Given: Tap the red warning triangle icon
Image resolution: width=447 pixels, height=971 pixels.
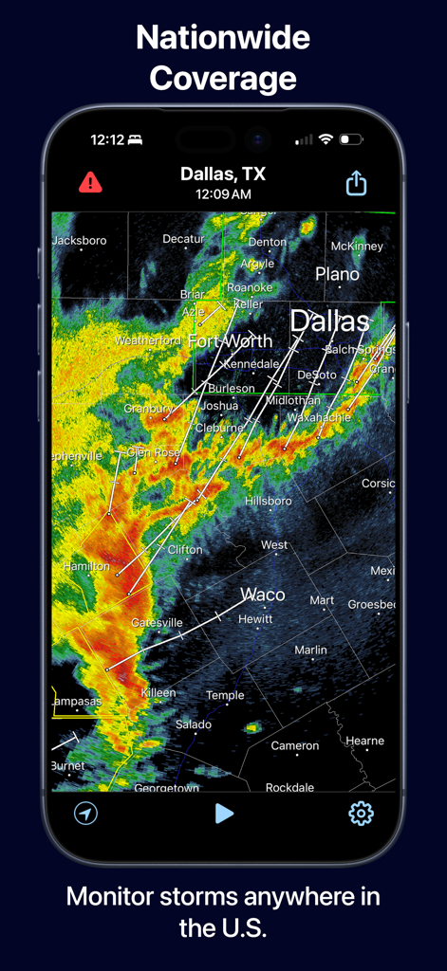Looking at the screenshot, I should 90,182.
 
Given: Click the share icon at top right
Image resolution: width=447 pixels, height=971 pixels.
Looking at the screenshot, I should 356,183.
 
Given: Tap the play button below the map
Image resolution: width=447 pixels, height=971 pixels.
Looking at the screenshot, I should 224,813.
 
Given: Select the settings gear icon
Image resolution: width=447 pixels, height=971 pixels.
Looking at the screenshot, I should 361,813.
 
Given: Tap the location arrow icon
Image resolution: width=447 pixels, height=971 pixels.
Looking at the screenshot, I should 86,813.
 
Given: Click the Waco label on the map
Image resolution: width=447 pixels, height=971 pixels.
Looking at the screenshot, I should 262,595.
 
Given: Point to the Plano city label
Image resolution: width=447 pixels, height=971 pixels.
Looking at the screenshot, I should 337,274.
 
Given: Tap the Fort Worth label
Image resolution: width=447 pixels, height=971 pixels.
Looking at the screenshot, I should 230,340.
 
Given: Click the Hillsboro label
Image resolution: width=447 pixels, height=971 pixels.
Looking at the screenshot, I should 269,501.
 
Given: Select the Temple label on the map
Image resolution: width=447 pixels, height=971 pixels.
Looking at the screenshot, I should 225,695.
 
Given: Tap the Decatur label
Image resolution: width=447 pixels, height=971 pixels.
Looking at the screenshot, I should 183,239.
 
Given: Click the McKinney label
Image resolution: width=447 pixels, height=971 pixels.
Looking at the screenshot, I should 357,247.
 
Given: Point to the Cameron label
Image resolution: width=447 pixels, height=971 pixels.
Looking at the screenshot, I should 295,745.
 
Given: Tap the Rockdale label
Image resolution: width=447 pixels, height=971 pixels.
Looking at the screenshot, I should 289,787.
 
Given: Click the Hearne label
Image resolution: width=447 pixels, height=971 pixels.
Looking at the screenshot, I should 364,741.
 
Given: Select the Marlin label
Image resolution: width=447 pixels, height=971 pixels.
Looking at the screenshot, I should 310,650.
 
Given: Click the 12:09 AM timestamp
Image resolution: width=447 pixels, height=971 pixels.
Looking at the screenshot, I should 223,194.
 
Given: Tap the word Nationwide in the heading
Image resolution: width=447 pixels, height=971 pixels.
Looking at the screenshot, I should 223,38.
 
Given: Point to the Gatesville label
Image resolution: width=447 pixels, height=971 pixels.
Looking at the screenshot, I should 157,623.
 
